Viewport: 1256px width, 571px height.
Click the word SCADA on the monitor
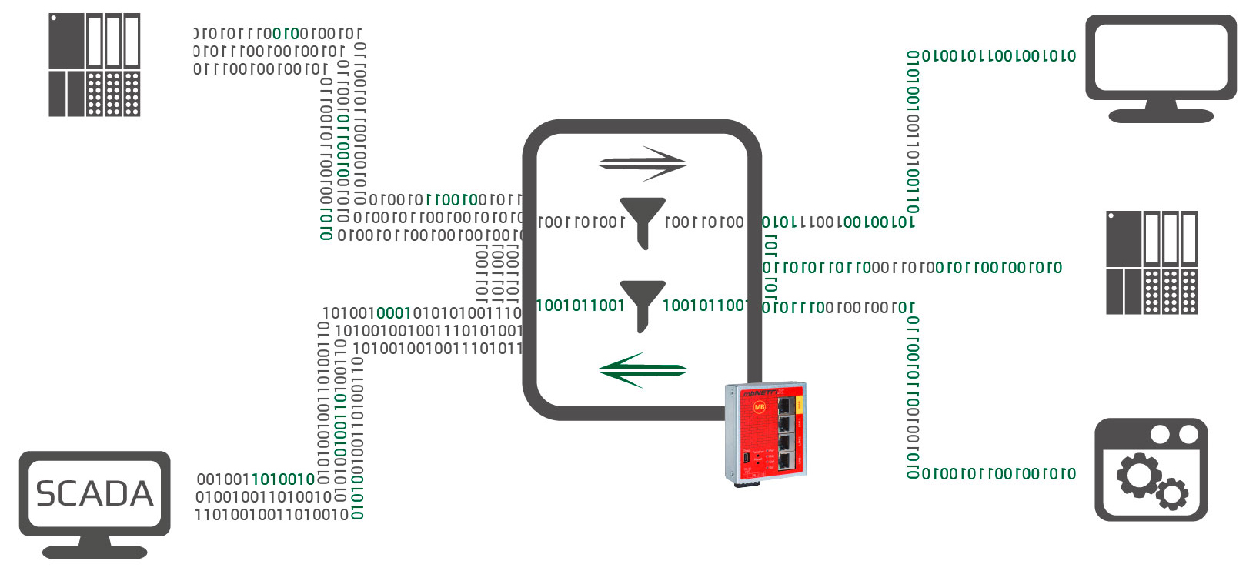click(95, 494)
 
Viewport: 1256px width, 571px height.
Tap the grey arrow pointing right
click(643, 162)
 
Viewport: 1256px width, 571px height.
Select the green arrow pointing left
click(642, 370)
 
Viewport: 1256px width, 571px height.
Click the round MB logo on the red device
click(759, 408)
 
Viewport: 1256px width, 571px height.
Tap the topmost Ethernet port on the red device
click(786, 405)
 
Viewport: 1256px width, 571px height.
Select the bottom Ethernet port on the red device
click(785, 461)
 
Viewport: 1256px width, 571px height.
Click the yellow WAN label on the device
click(800, 403)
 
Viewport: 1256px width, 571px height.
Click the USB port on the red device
click(746, 459)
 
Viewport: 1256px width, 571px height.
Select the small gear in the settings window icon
click(1171, 493)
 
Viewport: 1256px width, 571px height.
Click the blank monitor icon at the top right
click(1161, 57)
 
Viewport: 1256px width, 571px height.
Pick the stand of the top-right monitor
click(1161, 112)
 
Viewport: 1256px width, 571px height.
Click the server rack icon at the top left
click(94, 65)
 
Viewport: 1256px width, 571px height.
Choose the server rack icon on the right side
click(1151, 262)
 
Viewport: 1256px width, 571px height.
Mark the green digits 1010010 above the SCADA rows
click(283, 479)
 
